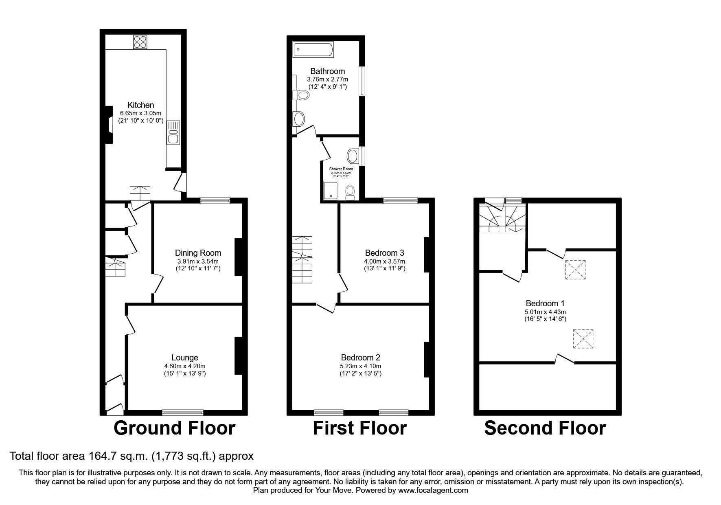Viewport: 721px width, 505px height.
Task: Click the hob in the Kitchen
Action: [140, 42]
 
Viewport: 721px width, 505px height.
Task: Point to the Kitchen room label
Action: [140, 105]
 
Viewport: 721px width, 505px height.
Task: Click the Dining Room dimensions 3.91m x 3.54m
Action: [198, 261]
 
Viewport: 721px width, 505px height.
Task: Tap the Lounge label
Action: [185, 358]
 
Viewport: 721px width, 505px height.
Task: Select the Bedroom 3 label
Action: [384, 253]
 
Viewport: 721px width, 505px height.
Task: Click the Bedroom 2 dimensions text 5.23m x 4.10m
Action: [361, 366]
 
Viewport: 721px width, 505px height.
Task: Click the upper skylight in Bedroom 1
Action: [575, 270]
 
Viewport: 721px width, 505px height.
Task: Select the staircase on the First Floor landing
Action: [302, 260]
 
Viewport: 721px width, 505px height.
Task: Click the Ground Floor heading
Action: [174, 428]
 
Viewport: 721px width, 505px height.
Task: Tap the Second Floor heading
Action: [545, 428]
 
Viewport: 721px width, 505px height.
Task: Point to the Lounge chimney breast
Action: [238, 356]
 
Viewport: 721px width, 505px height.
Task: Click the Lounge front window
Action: [182, 413]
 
